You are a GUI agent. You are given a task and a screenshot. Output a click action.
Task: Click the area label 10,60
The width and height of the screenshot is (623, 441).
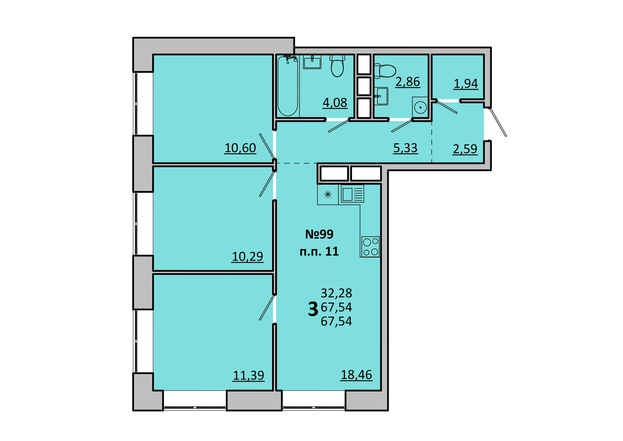tap(240, 148)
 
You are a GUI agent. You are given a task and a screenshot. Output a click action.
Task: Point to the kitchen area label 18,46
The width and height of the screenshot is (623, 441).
tap(356, 375)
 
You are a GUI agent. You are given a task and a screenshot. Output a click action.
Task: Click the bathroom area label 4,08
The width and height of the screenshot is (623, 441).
tap(335, 103)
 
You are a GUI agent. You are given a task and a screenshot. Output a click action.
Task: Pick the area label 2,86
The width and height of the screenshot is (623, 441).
tap(408, 82)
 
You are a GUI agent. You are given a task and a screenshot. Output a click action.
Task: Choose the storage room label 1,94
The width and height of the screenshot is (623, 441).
tap(466, 84)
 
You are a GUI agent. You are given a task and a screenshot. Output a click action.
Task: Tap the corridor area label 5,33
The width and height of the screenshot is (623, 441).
tap(405, 148)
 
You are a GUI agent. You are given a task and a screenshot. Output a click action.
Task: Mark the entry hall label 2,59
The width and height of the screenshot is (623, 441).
tap(465, 149)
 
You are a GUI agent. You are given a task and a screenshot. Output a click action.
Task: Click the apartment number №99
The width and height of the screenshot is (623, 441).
tap(319, 234)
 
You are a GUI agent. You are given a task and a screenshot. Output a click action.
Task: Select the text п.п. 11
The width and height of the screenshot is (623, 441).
tap(319, 252)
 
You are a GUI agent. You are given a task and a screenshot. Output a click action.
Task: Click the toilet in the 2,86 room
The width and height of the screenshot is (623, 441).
tap(385, 71)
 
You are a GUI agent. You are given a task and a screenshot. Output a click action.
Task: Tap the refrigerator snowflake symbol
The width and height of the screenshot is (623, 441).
tap(328, 194)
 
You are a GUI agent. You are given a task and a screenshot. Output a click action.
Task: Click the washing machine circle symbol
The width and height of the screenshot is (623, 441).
tap(420, 108)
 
